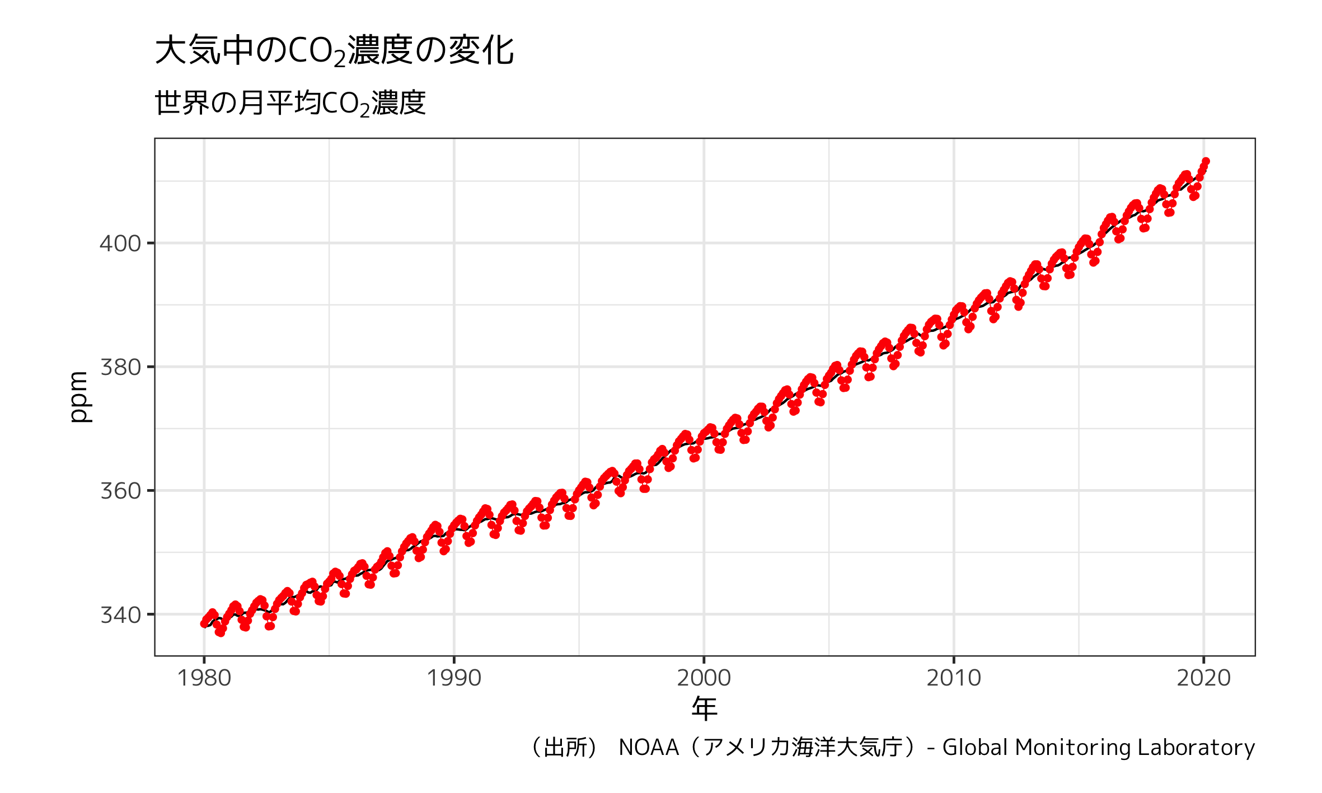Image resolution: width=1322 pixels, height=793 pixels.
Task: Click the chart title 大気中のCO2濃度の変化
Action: (334, 50)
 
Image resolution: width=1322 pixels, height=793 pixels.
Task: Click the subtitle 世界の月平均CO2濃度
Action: (290, 103)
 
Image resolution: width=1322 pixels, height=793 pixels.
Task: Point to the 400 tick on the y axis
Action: (120, 243)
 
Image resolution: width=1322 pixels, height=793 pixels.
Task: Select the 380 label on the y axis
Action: (120, 367)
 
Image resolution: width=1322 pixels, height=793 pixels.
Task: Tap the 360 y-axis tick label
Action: (120, 491)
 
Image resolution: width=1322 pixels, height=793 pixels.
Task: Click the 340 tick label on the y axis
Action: (120, 614)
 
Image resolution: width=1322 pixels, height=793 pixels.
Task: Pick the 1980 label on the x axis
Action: (204, 678)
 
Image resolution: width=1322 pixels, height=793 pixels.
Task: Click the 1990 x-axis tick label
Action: (454, 678)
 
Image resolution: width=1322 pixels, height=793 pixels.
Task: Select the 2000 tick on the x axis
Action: (704, 678)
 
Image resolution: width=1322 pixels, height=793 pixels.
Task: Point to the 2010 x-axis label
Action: (954, 678)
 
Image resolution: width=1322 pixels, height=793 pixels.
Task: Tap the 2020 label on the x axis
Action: (1203, 678)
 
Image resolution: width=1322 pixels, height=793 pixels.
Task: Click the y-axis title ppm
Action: (79, 397)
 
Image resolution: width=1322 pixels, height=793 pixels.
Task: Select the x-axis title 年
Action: (704, 708)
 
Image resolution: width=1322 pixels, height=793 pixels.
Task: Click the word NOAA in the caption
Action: (649, 748)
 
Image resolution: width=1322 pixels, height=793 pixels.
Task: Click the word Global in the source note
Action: (974, 748)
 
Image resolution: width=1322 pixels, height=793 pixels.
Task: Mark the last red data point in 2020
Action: (1206, 162)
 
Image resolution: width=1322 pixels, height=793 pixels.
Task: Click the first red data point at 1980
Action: (204, 623)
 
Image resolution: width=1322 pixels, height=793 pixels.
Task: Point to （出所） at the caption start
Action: (565, 748)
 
